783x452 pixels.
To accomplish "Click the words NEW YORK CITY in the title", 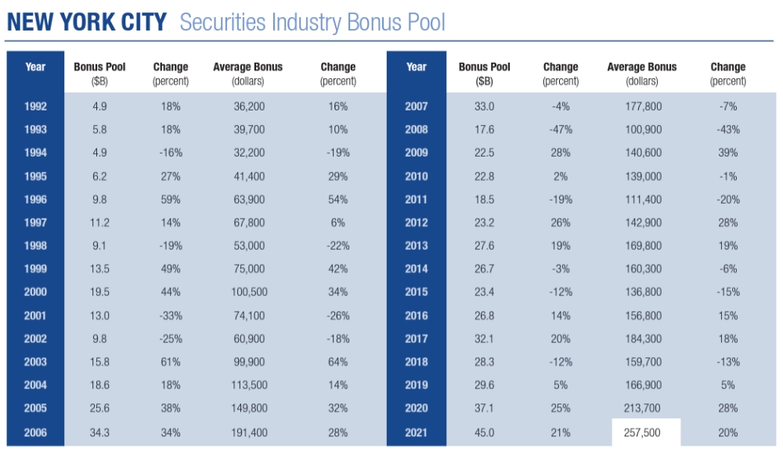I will (x=86, y=21).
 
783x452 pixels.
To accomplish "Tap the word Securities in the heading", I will (x=222, y=21).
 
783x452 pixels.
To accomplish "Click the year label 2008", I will (x=417, y=129).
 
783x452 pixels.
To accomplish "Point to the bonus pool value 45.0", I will (x=484, y=432).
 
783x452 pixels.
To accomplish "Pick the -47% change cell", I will (x=561, y=129).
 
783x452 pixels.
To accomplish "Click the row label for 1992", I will (x=35, y=106).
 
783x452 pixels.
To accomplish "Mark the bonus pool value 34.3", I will (x=99, y=432).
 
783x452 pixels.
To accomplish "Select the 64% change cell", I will (x=338, y=362).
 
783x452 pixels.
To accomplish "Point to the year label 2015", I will (x=417, y=292).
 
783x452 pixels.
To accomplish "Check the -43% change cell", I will (x=728, y=129).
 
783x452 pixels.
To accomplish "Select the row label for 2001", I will (x=35, y=316).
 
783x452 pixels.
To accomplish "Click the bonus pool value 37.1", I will (x=484, y=408).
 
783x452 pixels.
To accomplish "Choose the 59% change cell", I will (x=170, y=199).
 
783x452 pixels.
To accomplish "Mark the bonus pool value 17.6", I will (x=484, y=129).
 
